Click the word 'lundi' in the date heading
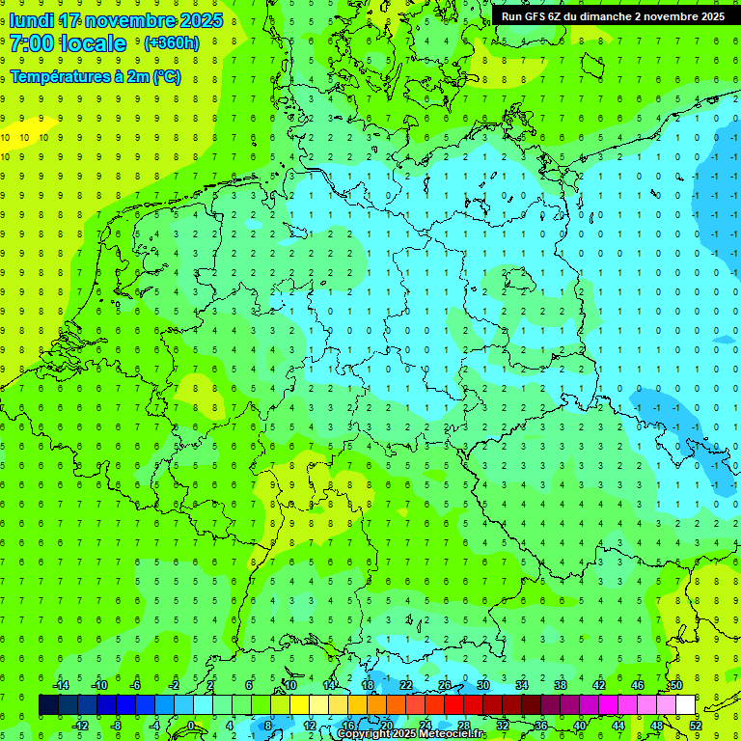click(32, 20)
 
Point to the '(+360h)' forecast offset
click(171, 43)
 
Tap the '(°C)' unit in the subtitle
click(166, 77)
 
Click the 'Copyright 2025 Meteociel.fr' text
click(410, 734)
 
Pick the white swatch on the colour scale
click(686, 705)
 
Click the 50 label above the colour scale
click(676, 685)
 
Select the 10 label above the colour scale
click(289, 685)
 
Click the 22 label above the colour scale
click(406, 685)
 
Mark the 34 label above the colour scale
click(522, 685)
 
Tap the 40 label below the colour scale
click(580, 726)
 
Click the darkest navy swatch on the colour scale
click(48, 705)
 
